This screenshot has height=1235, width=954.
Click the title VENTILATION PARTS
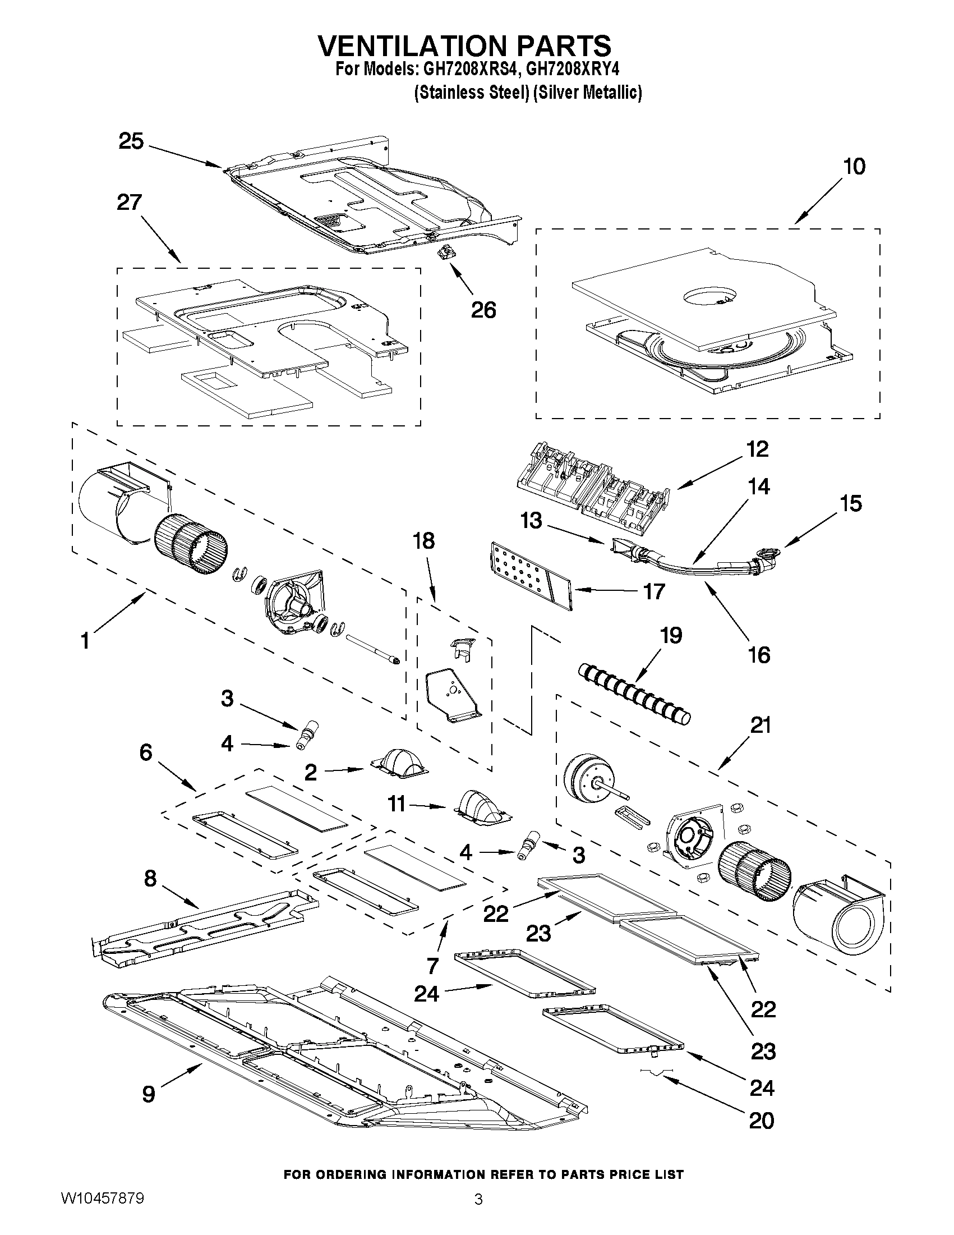pos(464,45)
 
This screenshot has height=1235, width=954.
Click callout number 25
pos(131,141)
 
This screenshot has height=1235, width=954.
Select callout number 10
pos(854,167)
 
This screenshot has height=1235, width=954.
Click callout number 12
pos(757,449)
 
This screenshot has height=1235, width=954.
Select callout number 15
pos(851,503)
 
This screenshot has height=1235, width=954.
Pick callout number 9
pos(148,1094)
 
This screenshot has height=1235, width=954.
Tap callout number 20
pos(761,1120)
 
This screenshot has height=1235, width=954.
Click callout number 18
pos(423,541)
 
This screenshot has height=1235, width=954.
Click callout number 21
pos(760,725)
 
